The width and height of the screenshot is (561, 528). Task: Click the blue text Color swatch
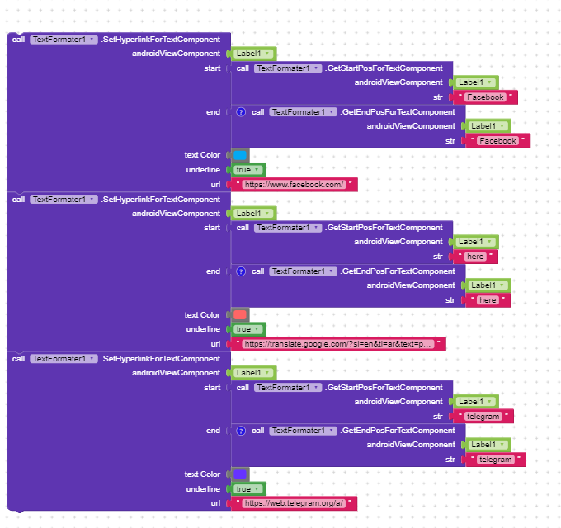[240, 155]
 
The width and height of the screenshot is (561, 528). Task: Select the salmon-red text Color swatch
[240, 315]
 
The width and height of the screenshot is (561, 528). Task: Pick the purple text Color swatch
[240, 474]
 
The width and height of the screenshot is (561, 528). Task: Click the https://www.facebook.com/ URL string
[294, 185]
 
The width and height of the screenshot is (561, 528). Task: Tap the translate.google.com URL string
[338, 344]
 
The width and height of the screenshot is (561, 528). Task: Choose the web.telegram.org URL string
[294, 503]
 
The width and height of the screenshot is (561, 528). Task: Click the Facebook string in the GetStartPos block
[485, 97]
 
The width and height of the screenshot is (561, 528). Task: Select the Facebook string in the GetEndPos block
[497, 141]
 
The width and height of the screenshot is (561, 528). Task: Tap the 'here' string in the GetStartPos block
[475, 257]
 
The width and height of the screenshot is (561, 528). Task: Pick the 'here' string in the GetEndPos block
[488, 300]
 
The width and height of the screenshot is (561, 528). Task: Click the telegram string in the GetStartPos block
[483, 417]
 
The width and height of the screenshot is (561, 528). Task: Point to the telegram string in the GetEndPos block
[495, 460]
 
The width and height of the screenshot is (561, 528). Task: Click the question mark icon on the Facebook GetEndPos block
[241, 112]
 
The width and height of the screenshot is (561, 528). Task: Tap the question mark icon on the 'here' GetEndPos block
[241, 271]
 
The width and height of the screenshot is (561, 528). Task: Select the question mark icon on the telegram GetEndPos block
[241, 431]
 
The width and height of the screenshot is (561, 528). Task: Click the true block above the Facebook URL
[247, 170]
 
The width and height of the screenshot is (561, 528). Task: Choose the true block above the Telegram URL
[247, 489]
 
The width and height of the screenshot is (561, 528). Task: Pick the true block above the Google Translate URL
[247, 329]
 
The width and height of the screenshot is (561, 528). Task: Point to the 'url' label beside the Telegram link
[215, 503]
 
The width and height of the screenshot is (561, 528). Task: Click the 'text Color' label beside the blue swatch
[202, 155]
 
